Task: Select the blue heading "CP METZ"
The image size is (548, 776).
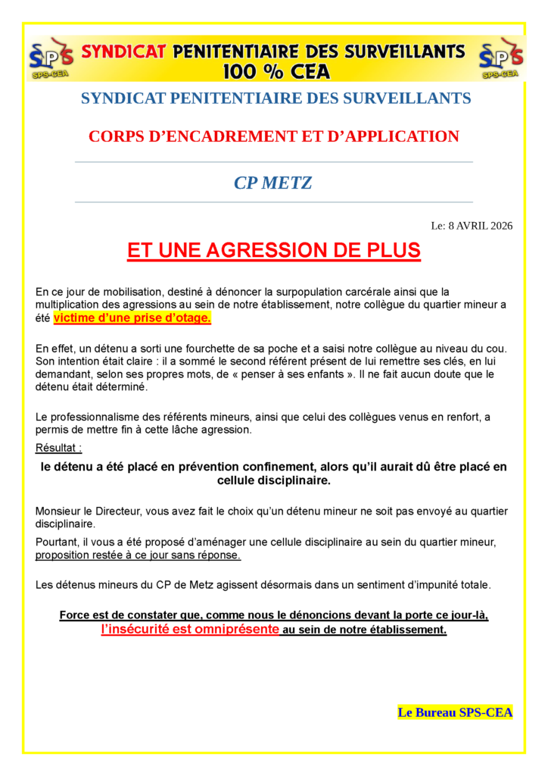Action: pyautogui.click(x=273, y=183)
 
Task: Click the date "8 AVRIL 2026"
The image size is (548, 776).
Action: pyautogui.click(x=480, y=225)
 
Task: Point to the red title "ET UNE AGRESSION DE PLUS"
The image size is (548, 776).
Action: pyautogui.click(x=273, y=251)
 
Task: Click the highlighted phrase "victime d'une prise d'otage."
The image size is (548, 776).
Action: pyautogui.click(x=132, y=318)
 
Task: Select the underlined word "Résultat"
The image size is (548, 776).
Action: pyautogui.click(x=57, y=449)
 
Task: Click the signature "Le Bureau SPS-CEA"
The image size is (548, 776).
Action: pyautogui.click(x=455, y=712)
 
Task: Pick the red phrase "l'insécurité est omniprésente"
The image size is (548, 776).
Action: pyautogui.click(x=190, y=630)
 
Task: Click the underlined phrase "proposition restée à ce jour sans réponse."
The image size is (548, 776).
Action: pyautogui.click(x=138, y=555)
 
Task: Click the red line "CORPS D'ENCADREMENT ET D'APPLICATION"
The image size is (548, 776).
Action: pyautogui.click(x=273, y=136)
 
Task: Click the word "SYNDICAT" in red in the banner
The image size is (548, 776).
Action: pyautogui.click(x=123, y=52)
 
